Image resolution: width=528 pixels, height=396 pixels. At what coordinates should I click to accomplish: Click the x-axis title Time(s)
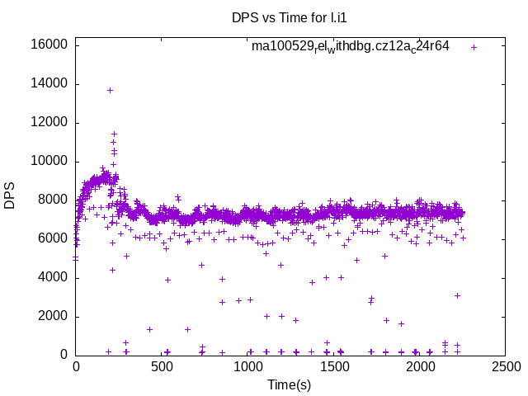[289, 384]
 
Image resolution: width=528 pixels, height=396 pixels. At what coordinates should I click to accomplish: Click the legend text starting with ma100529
[351, 47]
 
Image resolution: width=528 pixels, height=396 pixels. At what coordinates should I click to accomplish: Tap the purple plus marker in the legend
[474, 47]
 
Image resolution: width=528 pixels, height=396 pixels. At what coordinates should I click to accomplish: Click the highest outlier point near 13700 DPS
[110, 90]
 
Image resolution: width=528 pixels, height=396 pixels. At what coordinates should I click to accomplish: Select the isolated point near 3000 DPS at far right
[457, 295]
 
